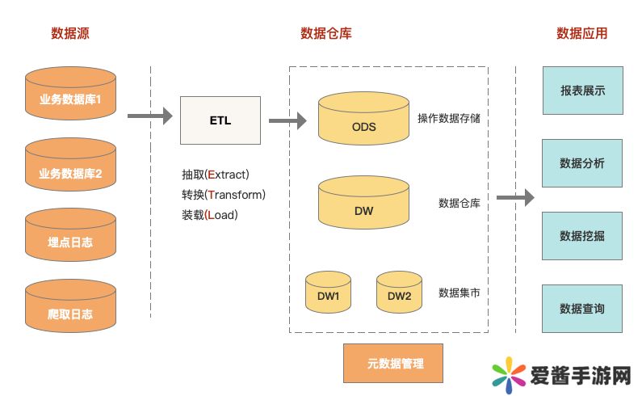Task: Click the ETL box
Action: tap(220, 120)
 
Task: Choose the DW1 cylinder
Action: tap(328, 293)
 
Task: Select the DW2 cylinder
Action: tap(399, 293)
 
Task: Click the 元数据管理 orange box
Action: tap(394, 363)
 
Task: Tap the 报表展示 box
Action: tap(582, 91)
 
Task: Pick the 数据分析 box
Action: tap(582, 163)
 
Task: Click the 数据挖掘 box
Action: tap(582, 236)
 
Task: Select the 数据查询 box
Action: tap(582, 309)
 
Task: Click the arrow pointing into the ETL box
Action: tap(150, 116)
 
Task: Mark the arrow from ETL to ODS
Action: tap(287, 121)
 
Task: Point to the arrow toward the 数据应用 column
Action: tap(515, 197)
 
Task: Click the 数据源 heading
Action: tap(70, 33)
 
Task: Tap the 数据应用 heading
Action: tap(581, 33)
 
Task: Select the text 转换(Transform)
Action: tap(224, 195)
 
